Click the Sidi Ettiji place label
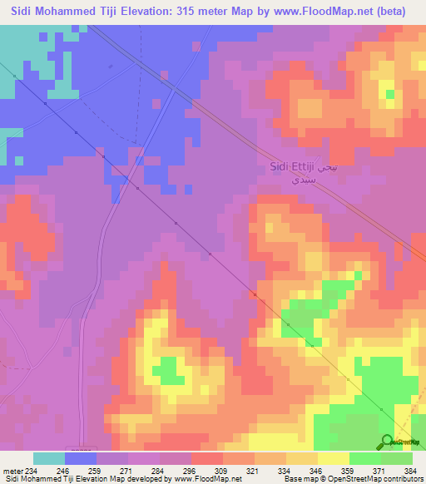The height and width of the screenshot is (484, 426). [291, 166]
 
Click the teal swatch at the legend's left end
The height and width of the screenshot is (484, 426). [49, 458]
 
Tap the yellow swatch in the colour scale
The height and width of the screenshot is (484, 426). [333, 458]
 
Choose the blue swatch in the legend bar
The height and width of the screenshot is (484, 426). [81, 458]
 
